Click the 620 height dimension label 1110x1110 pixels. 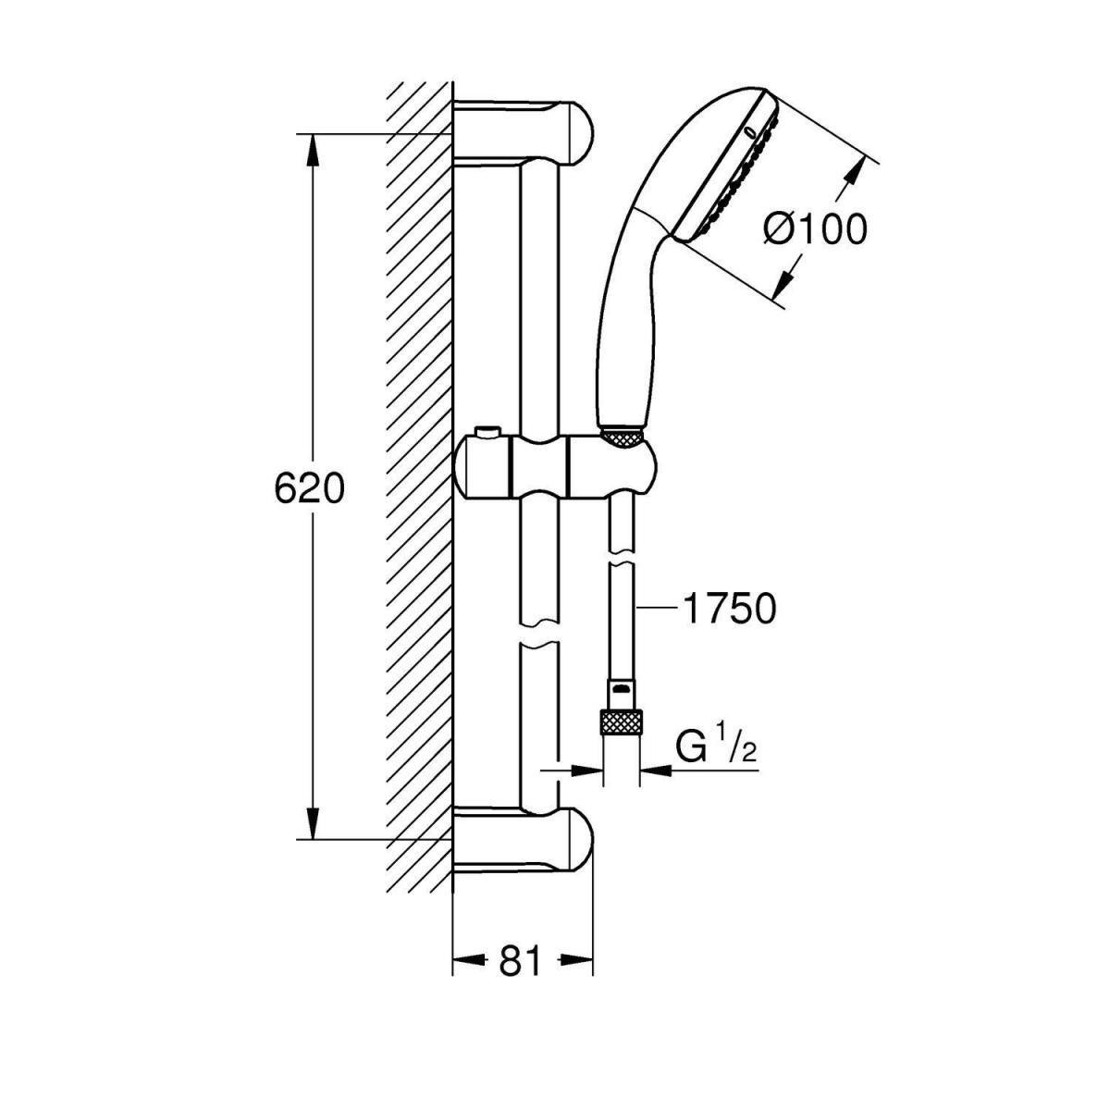pos(309,488)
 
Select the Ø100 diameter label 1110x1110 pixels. pos(815,228)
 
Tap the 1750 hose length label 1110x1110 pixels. pos(727,609)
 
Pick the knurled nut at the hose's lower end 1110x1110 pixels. pos(621,721)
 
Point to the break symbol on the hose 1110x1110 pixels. pos(621,561)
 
